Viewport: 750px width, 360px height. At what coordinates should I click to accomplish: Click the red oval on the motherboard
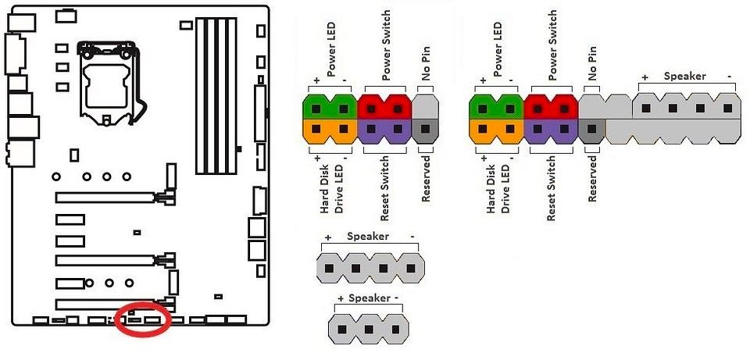(143, 304)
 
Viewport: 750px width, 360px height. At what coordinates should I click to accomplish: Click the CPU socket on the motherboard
(109, 85)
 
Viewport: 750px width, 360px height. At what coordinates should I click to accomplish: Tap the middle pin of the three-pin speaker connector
(368, 329)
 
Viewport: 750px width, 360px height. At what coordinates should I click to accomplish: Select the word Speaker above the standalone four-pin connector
(368, 236)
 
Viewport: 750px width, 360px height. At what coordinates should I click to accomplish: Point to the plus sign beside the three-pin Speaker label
(341, 299)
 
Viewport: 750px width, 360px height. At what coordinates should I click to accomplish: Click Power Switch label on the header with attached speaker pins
(553, 46)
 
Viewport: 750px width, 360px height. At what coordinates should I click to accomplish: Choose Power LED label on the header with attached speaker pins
(498, 49)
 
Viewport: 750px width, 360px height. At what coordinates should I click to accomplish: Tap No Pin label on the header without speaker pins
(425, 63)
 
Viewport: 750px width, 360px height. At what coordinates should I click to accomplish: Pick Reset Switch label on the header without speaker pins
(384, 188)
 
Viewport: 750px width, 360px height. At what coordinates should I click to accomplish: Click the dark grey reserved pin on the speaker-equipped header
(591, 131)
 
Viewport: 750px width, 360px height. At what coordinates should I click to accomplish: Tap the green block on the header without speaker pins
(330, 107)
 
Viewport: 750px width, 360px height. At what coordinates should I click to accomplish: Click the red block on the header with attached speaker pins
(551, 107)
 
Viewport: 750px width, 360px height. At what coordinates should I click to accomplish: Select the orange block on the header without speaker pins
(330, 132)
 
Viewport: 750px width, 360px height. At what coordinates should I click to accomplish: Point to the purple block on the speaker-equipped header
(551, 132)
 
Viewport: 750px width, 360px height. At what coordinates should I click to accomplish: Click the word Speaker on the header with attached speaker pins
(684, 76)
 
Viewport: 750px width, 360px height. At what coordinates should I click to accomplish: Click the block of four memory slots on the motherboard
(216, 95)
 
